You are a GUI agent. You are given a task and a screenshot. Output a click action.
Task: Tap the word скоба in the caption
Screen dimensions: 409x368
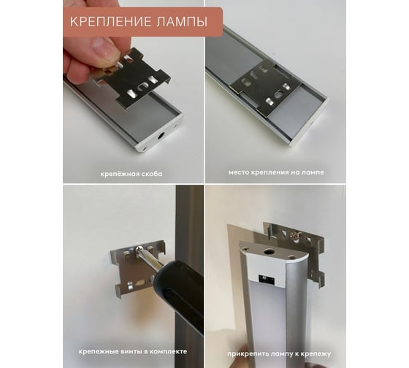click(x=152, y=174)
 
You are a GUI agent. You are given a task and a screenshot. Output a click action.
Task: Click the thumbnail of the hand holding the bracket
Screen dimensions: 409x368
click(x=133, y=91)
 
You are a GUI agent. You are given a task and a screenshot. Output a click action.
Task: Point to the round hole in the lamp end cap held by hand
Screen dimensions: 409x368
click(x=160, y=136)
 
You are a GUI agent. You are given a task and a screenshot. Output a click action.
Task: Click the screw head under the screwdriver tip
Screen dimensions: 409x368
click(x=139, y=248)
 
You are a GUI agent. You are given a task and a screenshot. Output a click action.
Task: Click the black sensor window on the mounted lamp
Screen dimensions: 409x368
click(x=266, y=278)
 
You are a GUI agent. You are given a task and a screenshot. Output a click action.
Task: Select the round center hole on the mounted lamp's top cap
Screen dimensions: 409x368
click(x=267, y=252)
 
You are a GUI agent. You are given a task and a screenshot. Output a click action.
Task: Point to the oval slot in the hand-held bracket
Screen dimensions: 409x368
click(x=144, y=88)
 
